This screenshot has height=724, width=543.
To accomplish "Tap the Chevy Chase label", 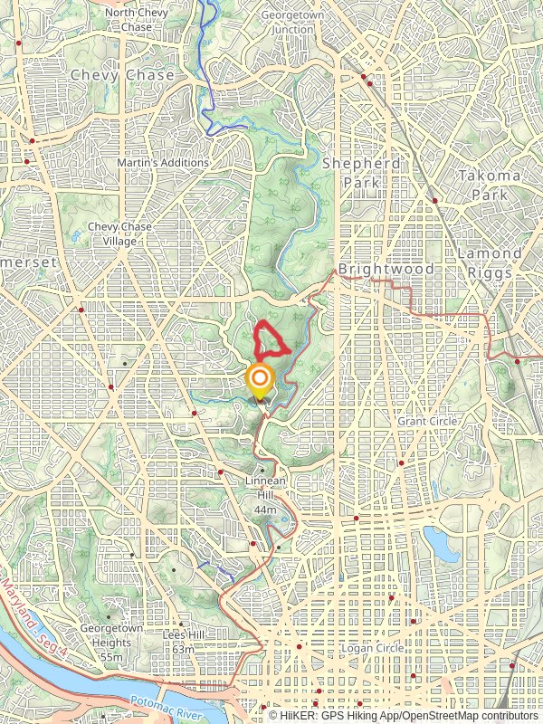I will click(x=121, y=75).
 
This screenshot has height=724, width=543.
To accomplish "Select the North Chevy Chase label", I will click(x=136, y=20).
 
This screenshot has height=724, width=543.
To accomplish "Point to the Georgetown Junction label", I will click(x=287, y=22).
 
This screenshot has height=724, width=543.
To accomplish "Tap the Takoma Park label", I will click(x=490, y=184).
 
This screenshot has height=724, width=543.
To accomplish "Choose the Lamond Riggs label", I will click(x=489, y=262).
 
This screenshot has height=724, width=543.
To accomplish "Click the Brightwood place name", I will click(x=386, y=270).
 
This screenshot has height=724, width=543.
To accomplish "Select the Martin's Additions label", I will click(x=163, y=163).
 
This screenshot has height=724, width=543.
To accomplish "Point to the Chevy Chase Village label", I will click(x=119, y=233).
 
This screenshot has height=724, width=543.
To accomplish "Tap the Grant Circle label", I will click(x=428, y=421).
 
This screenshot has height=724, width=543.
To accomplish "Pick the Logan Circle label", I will click(x=373, y=648).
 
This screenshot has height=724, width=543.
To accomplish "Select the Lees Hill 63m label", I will click(x=184, y=642).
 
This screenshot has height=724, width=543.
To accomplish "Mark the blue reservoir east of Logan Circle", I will click(x=440, y=543).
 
